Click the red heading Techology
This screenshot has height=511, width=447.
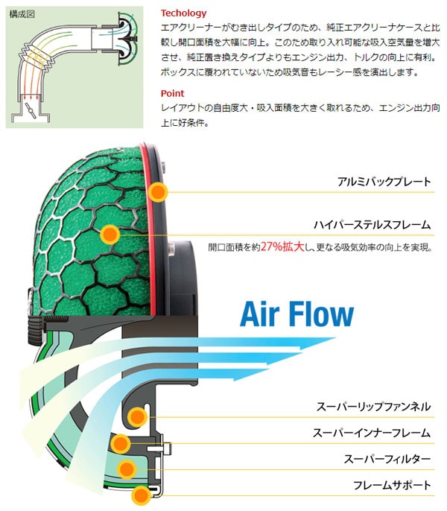click(x=184, y=13)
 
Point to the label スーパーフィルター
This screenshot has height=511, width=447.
click(x=384, y=459)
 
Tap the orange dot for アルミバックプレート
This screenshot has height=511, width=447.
click(x=157, y=192)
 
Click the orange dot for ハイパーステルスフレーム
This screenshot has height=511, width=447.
click(x=109, y=235)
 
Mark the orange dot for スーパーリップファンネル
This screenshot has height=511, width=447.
click(x=136, y=417)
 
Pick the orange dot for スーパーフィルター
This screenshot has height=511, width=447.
click(x=127, y=469)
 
